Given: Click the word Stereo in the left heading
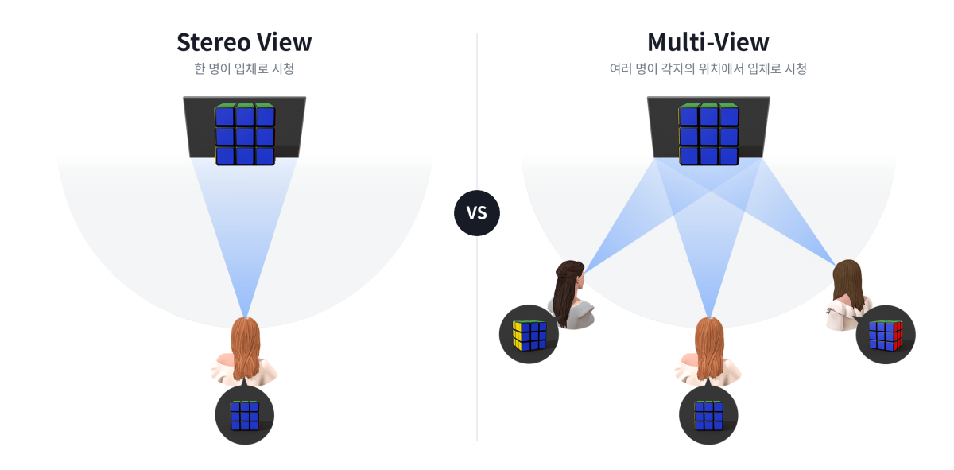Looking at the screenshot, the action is click(x=213, y=43).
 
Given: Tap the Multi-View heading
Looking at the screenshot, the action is click(x=708, y=42).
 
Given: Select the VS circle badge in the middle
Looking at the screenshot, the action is click(x=476, y=212).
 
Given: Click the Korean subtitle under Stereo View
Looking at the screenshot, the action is click(x=244, y=68).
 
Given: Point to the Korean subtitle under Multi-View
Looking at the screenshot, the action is click(x=708, y=68).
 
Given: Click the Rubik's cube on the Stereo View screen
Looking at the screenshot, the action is click(x=245, y=134).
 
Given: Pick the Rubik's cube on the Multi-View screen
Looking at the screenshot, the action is click(x=708, y=134).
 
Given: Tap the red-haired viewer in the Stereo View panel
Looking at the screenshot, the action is click(x=245, y=352).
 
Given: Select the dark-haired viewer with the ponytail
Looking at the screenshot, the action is click(x=571, y=294).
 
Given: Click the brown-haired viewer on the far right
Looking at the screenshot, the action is click(x=847, y=294).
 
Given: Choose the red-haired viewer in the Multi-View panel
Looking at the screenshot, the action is click(x=708, y=352).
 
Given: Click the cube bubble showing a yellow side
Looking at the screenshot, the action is click(x=529, y=334).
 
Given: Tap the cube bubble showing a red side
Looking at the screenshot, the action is click(x=886, y=335).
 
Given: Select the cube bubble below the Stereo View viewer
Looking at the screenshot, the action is click(x=245, y=415).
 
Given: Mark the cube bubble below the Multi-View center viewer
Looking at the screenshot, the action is click(x=708, y=415).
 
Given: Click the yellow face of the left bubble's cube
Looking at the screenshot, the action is click(x=517, y=336).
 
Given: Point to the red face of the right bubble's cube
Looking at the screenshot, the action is click(x=898, y=336).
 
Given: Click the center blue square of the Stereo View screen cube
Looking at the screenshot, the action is click(x=245, y=136).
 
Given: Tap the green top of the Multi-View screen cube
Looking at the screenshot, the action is click(x=708, y=105).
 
